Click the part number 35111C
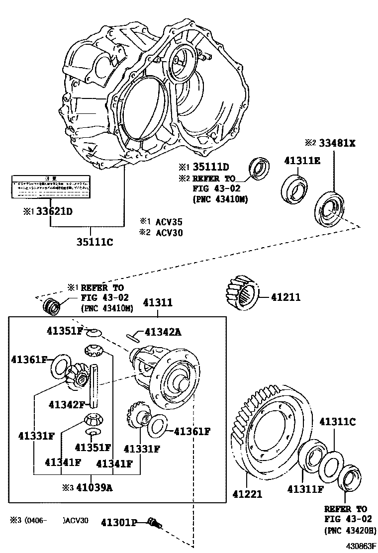click(95, 242)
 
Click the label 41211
click(286, 297)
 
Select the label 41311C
click(337, 422)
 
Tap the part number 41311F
click(305, 489)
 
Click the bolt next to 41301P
click(155, 523)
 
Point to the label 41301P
click(119, 522)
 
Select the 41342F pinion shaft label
click(67, 404)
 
